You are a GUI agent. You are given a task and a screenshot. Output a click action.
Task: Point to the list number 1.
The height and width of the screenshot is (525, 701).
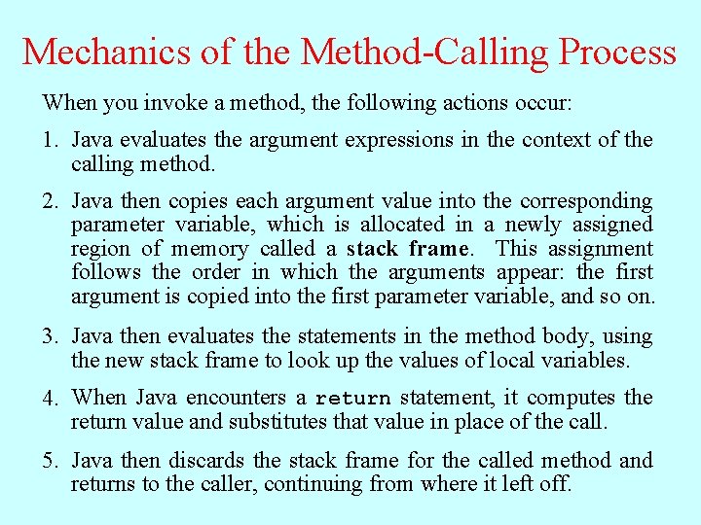coord(50,140)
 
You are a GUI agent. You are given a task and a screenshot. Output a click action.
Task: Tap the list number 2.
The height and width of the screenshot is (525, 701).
coord(50,202)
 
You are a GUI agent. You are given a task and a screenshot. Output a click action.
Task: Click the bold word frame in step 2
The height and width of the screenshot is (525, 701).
coord(440,249)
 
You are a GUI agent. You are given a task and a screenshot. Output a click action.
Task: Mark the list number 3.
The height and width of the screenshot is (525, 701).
coord(50,337)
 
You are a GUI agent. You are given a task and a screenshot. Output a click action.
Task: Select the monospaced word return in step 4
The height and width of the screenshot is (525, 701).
coord(352,399)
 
